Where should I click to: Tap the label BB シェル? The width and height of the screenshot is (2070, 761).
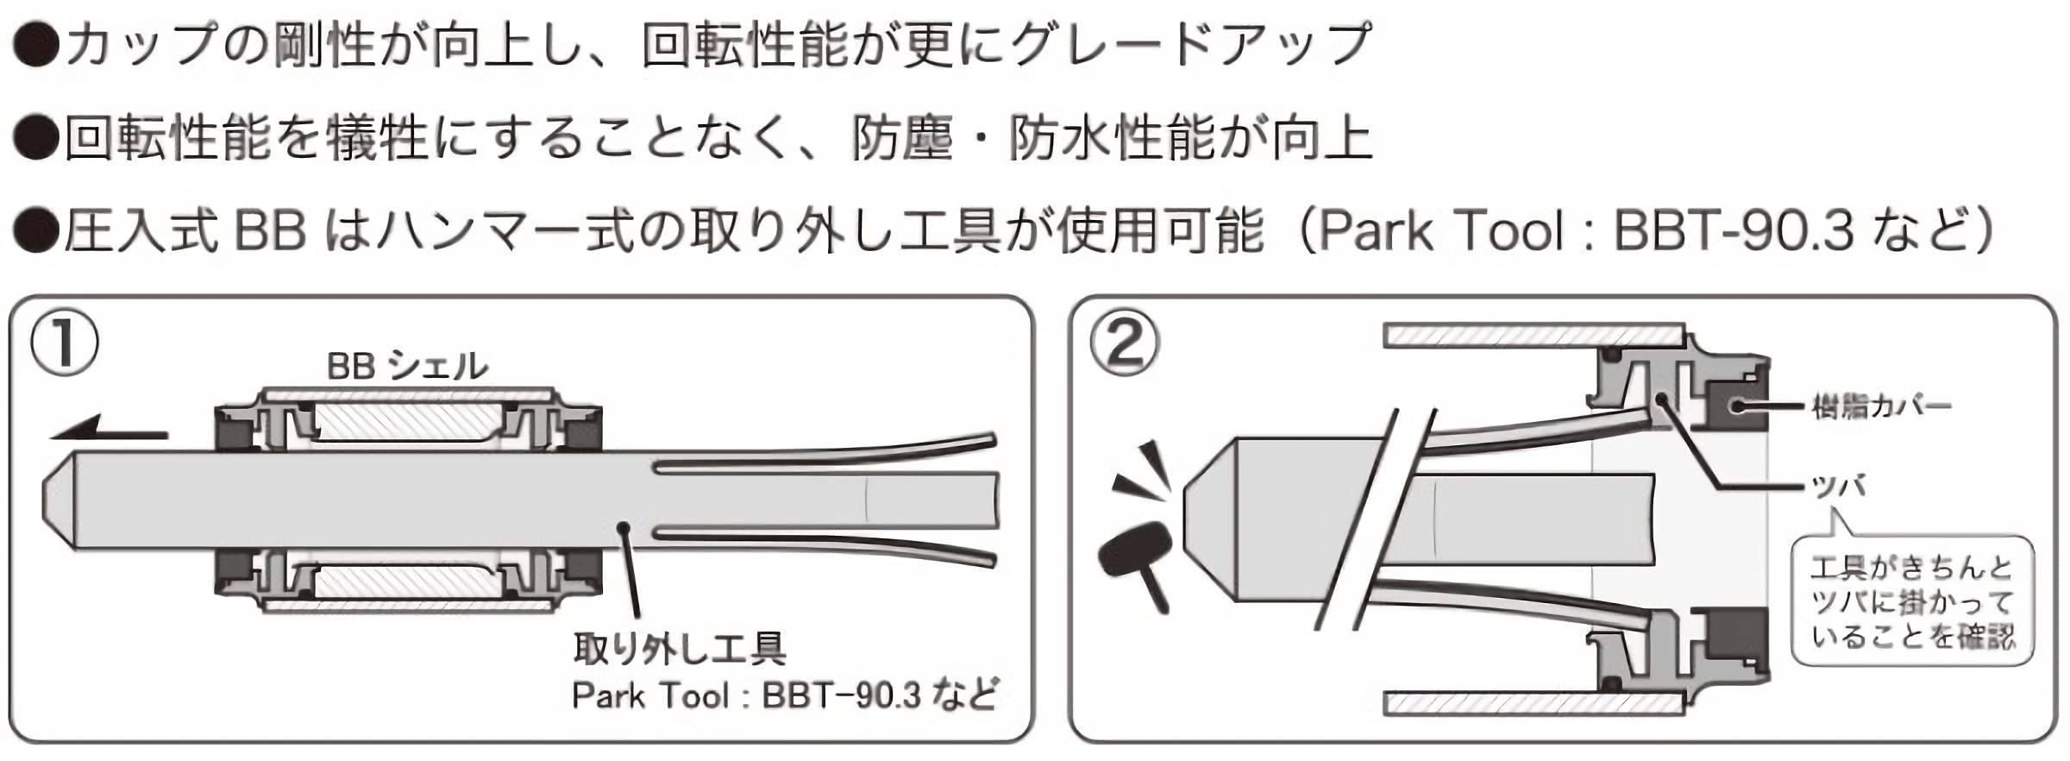[407, 366]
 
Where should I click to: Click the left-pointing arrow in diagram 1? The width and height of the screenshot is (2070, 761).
[108, 429]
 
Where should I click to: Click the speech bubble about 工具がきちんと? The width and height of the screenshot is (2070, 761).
[1911, 602]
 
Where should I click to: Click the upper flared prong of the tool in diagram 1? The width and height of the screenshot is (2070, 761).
[828, 455]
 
